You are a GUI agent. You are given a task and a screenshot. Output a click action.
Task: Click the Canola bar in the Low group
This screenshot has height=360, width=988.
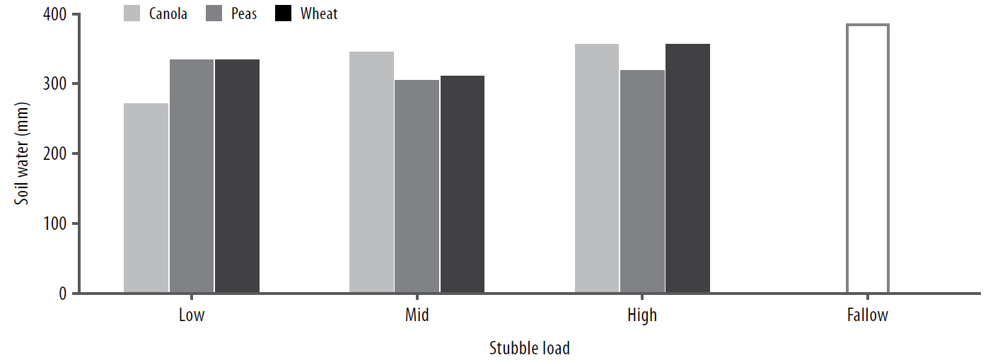146,198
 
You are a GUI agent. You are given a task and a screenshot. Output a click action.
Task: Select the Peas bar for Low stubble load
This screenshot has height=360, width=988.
191,176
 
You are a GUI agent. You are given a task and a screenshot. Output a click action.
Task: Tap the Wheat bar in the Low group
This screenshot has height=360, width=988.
237,176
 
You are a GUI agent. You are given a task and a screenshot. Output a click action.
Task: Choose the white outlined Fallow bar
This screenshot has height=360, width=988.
867,158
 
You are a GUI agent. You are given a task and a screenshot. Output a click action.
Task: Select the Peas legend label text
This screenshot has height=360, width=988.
243,13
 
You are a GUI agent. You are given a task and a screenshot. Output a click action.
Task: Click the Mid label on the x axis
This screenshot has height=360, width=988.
417,315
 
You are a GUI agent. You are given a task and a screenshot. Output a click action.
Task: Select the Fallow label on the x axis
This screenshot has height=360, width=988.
867,315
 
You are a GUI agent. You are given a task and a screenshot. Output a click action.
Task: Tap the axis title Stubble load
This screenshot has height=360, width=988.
529,348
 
